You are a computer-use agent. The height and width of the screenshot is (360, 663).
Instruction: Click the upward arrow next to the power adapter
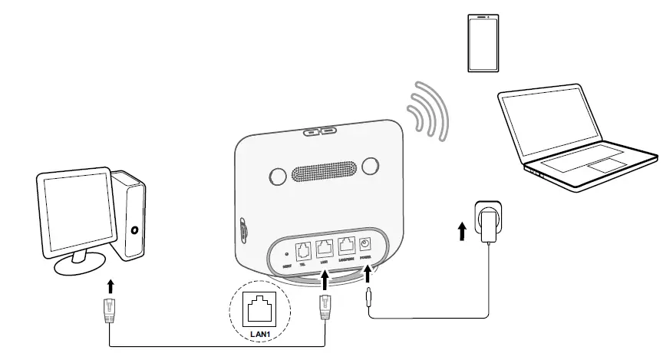(461, 231)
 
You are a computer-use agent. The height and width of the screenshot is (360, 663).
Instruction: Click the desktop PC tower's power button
(135, 229)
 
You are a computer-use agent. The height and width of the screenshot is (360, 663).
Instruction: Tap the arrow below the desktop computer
(111, 286)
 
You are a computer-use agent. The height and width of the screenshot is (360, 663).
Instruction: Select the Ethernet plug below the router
(325, 307)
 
